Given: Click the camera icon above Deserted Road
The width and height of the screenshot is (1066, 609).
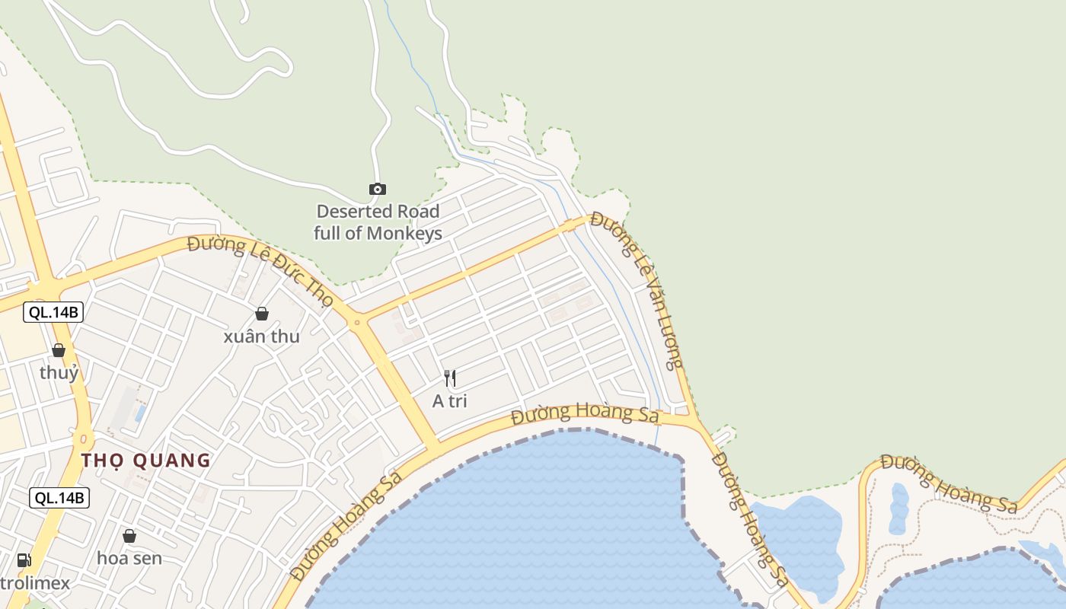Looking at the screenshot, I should pyautogui.click(x=377, y=189).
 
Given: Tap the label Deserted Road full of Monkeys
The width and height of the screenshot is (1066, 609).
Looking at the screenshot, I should pyautogui.click(x=378, y=222).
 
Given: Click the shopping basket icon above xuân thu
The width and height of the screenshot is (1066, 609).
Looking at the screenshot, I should pyautogui.click(x=262, y=314).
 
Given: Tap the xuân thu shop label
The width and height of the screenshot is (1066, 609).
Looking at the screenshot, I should pyautogui.click(x=262, y=336).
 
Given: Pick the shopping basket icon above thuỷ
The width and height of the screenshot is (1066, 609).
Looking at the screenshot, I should pyautogui.click(x=59, y=350).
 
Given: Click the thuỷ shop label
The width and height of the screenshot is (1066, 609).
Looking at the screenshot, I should pyautogui.click(x=59, y=373).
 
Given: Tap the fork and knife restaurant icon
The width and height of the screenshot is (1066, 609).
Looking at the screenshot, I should pyautogui.click(x=450, y=378).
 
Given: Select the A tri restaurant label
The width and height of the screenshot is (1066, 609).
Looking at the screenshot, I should pyautogui.click(x=450, y=401).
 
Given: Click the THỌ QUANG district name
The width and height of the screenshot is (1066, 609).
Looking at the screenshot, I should pyautogui.click(x=145, y=461).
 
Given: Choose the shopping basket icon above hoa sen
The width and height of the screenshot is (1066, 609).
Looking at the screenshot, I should pyautogui.click(x=129, y=536).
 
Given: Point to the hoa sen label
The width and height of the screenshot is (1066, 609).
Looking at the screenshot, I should pyautogui.click(x=129, y=558).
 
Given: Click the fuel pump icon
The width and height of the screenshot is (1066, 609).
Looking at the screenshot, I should pyautogui.click(x=24, y=560).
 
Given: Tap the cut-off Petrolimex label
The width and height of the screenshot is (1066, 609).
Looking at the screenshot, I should pyautogui.click(x=34, y=584).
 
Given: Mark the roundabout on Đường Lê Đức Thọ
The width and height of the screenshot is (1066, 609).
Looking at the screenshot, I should pyautogui.click(x=356, y=324).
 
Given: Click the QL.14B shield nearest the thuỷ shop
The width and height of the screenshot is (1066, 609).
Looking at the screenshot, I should pyautogui.click(x=53, y=311).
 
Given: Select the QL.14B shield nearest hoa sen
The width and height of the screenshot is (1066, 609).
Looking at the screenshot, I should pyautogui.click(x=59, y=498).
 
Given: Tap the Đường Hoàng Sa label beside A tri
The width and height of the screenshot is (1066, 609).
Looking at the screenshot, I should pyautogui.click(x=584, y=414).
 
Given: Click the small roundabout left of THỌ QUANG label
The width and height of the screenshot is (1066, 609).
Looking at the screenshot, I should pyautogui.click(x=83, y=439).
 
